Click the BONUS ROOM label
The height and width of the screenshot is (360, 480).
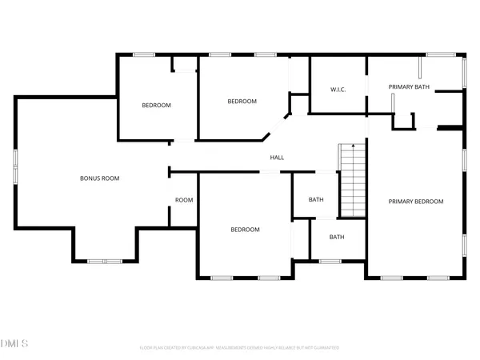pyautogui.click(x=100, y=178)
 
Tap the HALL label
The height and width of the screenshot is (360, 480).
pyautogui.click(x=277, y=158)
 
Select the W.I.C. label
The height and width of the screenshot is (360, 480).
pyautogui.click(x=338, y=89)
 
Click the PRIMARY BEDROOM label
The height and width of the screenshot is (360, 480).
pyautogui.click(x=415, y=202)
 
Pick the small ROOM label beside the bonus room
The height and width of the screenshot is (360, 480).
pyautogui.click(x=184, y=200)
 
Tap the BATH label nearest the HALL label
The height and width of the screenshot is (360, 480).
pyautogui.click(x=316, y=200)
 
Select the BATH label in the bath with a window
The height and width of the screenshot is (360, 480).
pyautogui.click(x=337, y=237)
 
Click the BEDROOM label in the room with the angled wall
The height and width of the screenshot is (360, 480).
pyautogui.click(x=242, y=102)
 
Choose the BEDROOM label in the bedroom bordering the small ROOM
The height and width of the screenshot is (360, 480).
pyautogui.click(x=246, y=230)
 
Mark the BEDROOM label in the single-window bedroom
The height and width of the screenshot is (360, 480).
pyautogui.click(x=157, y=106)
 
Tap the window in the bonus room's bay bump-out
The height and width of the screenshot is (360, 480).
pyautogui.click(x=105, y=261)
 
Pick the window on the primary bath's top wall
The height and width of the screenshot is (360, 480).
pyautogui.click(x=439, y=54)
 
